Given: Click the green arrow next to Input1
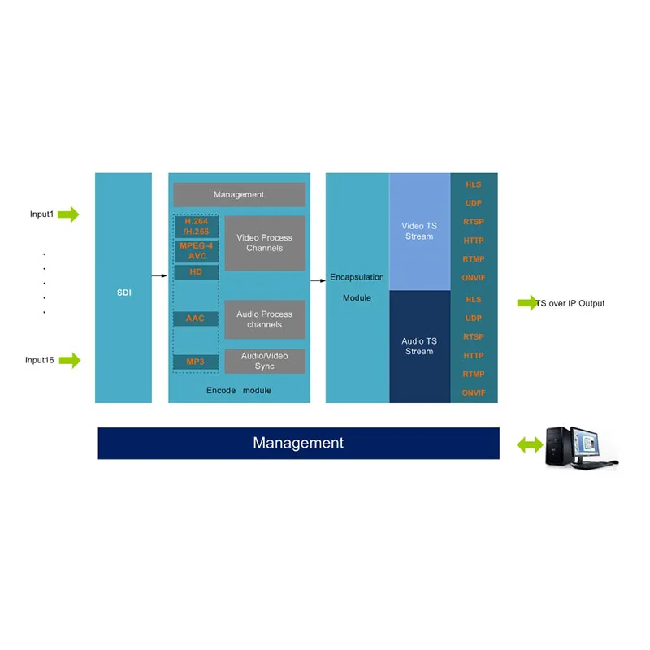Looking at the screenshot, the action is (x=68, y=214).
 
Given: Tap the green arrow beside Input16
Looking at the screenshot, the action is (x=70, y=360).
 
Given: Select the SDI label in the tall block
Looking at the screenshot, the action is (x=124, y=292).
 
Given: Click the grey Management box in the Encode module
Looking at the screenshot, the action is (x=239, y=194).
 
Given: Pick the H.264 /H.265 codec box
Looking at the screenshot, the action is (x=197, y=227).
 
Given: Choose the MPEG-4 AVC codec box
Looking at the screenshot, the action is (x=197, y=251).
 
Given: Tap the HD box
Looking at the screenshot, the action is (x=196, y=272).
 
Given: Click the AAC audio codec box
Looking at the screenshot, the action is (x=196, y=318).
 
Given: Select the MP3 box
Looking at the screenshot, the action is (x=196, y=362).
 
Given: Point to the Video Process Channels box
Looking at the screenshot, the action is (x=265, y=243).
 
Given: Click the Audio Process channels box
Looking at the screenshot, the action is (x=265, y=319).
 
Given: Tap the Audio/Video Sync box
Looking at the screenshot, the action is (x=265, y=361).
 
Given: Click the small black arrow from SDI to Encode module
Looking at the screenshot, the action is (x=159, y=275).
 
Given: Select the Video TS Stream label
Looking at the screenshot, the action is (x=419, y=231).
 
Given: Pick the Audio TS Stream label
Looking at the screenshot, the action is (x=419, y=346).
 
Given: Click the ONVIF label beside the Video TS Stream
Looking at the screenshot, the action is (x=474, y=278).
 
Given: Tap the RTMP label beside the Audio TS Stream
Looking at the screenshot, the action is (x=474, y=374).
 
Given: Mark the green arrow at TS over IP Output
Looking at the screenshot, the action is (x=527, y=303).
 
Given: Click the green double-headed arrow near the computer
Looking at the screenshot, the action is (x=530, y=445).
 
